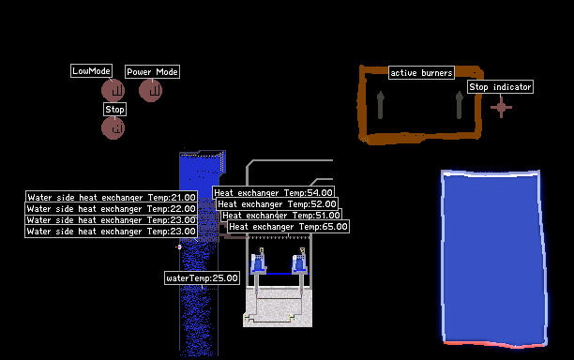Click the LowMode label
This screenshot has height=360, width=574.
(x=91, y=71)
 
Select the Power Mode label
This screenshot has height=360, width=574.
(x=152, y=71)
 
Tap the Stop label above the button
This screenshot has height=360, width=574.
(x=115, y=110)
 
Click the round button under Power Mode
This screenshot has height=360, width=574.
(x=150, y=90)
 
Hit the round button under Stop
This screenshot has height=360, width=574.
(x=113, y=128)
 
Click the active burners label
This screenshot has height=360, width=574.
(x=421, y=73)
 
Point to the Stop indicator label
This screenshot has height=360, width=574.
(x=500, y=86)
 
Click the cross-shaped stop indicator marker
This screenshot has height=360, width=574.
(x=501, y=107)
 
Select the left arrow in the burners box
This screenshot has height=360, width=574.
(x=381, y=105)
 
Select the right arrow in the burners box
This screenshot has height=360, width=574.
(x=459, y=105)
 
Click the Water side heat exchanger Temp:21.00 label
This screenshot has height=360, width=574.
(x=112, y=197)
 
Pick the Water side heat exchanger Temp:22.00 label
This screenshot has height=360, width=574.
(x=111, y=208)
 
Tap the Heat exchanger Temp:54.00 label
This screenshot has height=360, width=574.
(x=273, y=192)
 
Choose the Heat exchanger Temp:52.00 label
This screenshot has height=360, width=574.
(x=277, y=203)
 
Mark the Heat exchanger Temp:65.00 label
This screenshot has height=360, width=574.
(x=288, y=227)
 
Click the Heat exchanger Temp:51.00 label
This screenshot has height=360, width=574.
(x=281, y=215)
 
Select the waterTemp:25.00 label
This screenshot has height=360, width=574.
(x=202, y=278)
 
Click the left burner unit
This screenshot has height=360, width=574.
(x=259, y=261)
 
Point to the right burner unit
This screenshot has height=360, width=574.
(x=300, y=261)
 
